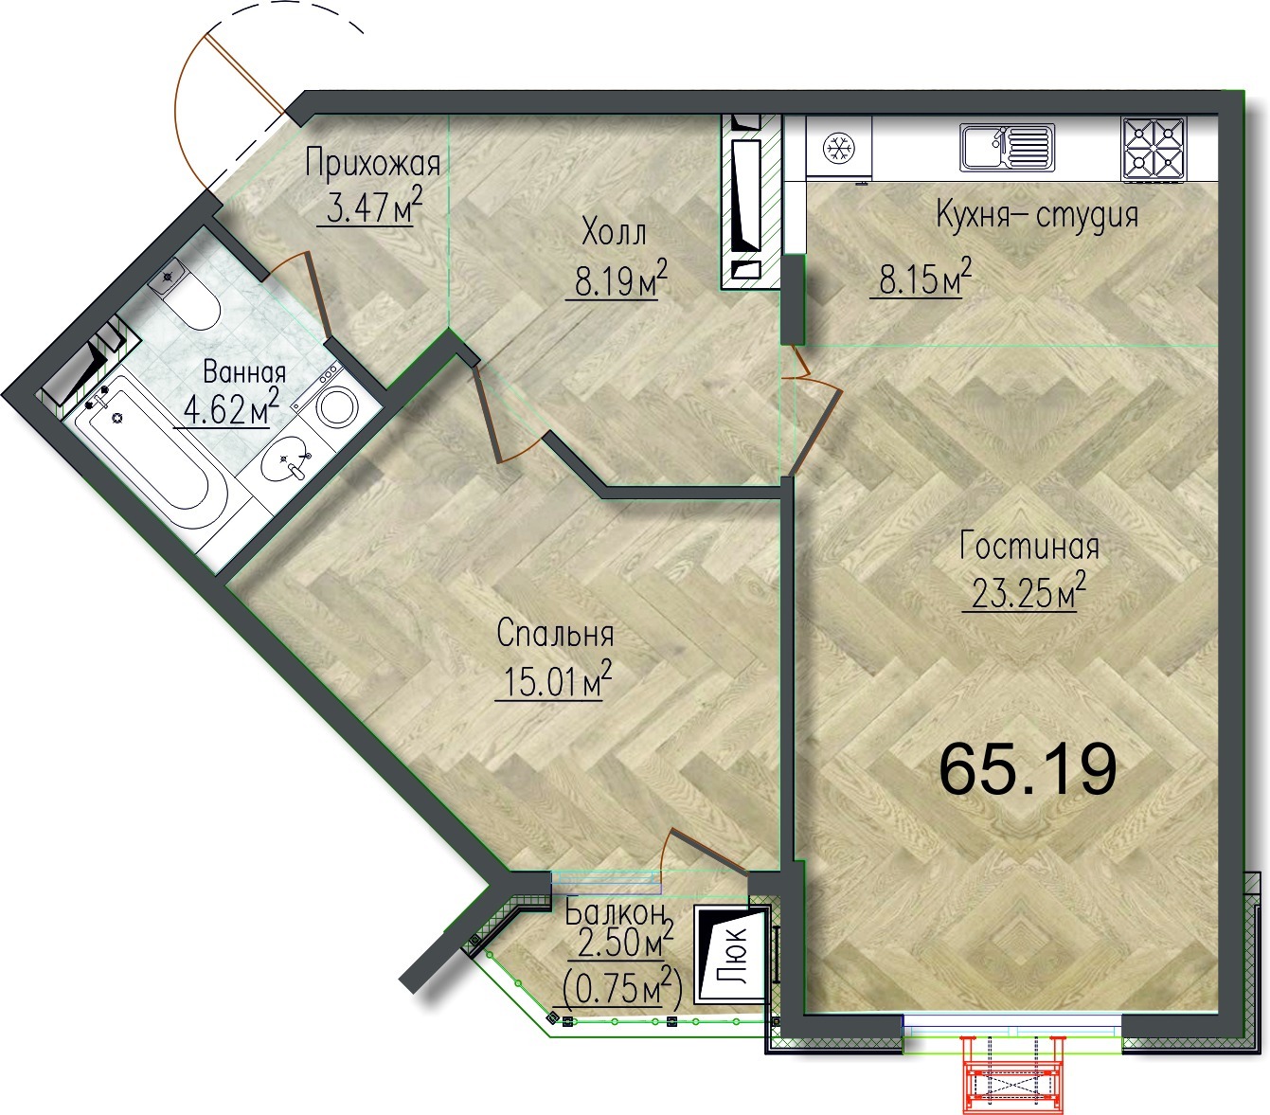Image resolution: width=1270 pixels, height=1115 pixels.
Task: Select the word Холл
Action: pos(614,233)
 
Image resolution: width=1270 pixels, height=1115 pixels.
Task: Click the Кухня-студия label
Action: pos(1037,214)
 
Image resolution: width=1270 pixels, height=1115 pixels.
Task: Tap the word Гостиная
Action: pos(1029,546)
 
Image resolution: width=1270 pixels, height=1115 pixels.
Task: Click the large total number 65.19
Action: pos(1029,769)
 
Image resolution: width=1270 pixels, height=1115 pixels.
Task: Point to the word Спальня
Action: pos(555,634)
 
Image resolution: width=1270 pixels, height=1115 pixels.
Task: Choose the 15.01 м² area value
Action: pos(553,679)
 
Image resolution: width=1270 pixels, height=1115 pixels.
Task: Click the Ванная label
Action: pos(244,372)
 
